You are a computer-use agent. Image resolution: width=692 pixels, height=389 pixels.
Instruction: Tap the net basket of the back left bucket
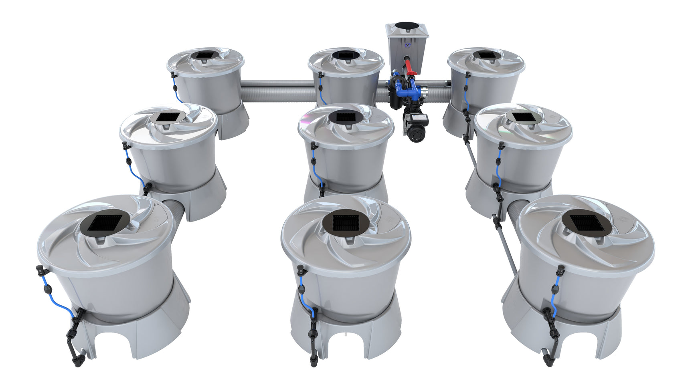coord(205,55)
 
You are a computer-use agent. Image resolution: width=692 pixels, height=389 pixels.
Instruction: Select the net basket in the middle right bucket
coord(522,117)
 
